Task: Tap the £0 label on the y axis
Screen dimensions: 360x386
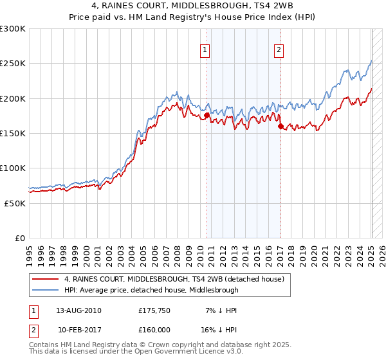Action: point(21,238)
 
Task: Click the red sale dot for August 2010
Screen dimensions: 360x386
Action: point(207,115)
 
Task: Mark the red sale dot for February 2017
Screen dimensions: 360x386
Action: point(280,127)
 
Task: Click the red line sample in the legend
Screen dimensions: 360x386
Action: point(46,280)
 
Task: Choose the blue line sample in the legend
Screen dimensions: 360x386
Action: point(46,290)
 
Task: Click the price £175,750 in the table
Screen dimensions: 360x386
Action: point(154,310)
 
